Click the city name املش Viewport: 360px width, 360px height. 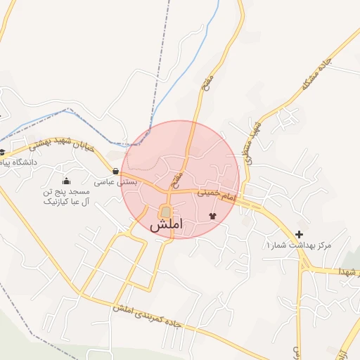click(x=166, y=225)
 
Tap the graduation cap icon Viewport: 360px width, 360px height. click(x=2, y=152)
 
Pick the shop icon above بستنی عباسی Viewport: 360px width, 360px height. click(x=115, y=171)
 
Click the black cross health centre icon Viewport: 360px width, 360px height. click(x=300, y=233)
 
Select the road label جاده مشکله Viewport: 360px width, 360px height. click(x=315, y=75)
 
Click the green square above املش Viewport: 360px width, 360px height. click(x=165, y=212)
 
